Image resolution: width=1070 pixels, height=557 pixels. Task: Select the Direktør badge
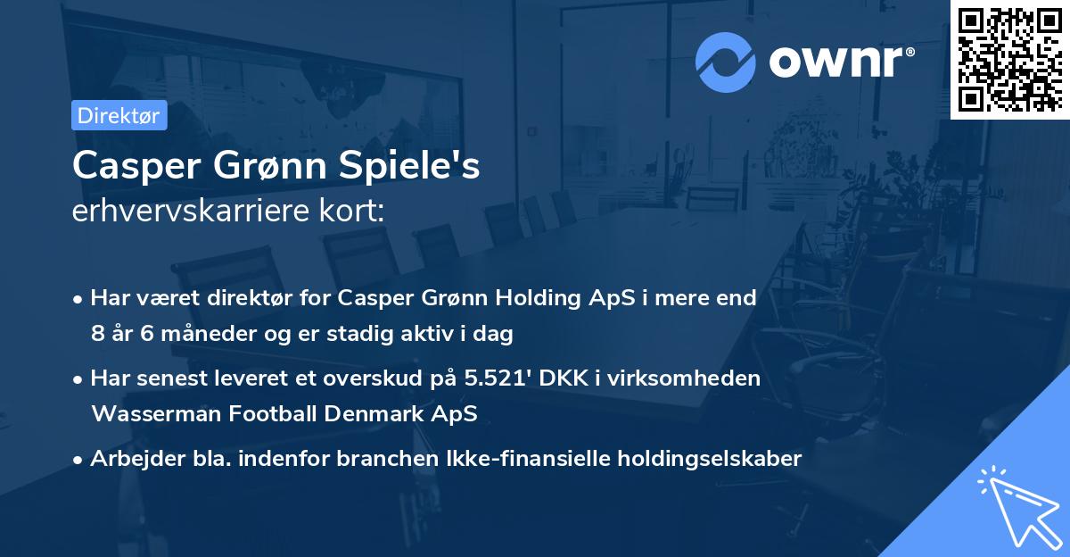(119, 115)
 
